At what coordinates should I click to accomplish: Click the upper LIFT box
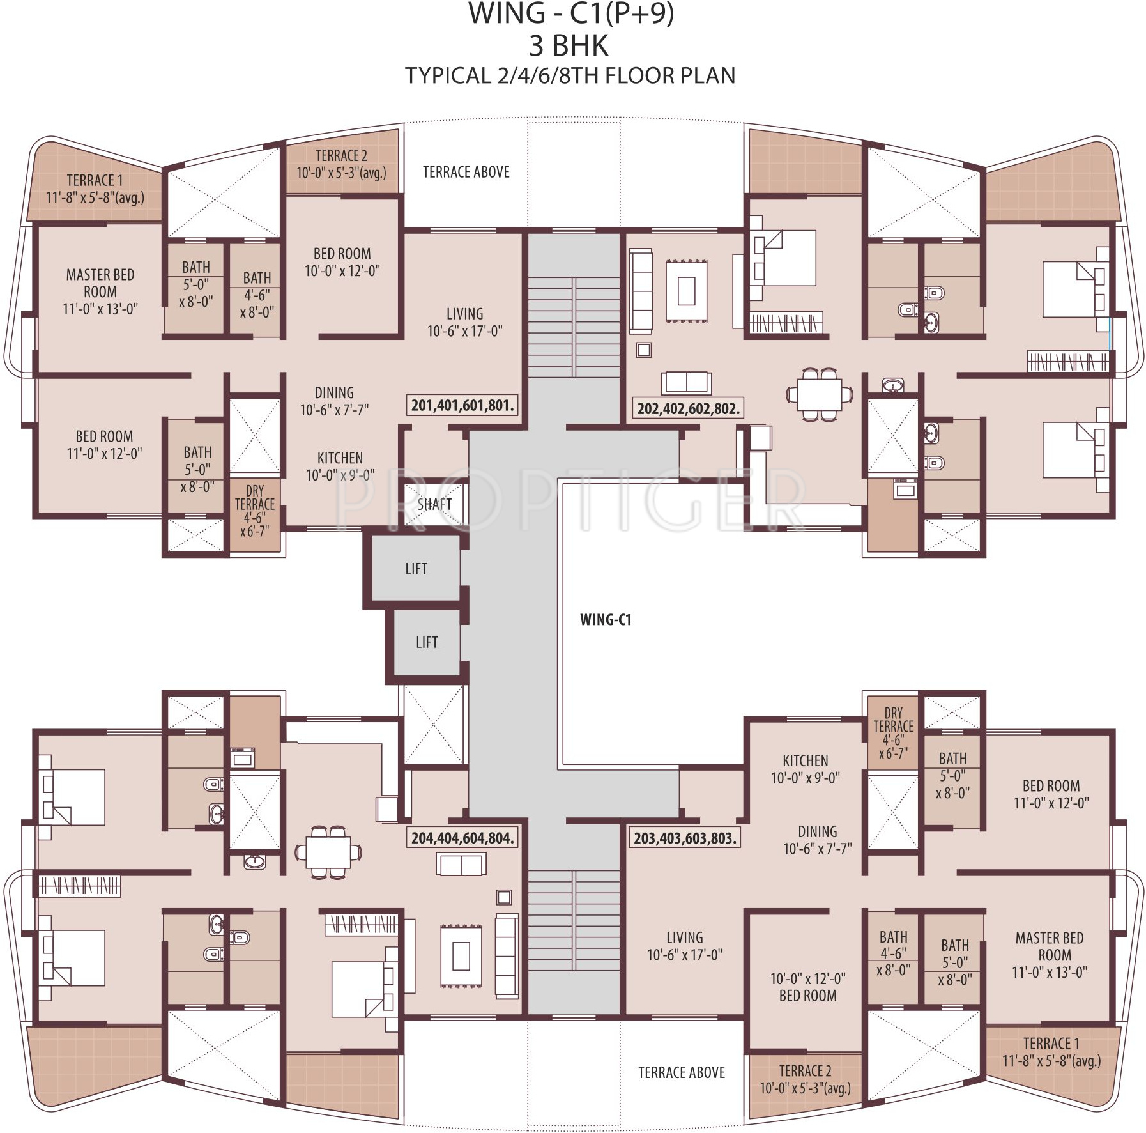coord(416,568)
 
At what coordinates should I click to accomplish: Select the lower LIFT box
coord(427,642)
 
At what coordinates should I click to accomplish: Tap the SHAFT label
coord(434,504)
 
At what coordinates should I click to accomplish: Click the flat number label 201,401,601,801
coord(462,405)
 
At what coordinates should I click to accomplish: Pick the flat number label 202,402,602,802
coord(689,408)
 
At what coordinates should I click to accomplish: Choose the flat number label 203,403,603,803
coord(685,838)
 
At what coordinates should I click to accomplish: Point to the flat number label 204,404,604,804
coord(462,838)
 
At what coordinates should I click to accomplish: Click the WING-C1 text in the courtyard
coord(606,619)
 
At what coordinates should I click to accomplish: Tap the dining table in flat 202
coord(819,394)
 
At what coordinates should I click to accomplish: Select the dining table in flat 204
coord(328,852)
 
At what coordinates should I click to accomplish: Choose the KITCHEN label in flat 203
coord(805,760)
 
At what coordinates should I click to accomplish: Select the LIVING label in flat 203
coord(684,937)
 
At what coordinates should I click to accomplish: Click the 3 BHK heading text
coord(569,46)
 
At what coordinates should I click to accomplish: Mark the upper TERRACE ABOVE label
coord(466,172)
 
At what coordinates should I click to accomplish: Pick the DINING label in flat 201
coord(334,393)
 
